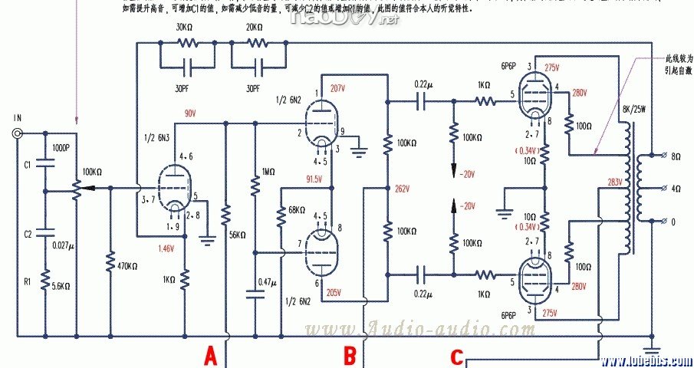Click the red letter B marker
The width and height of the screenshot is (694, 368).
[350, 355]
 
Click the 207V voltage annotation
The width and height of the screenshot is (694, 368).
[338, 88]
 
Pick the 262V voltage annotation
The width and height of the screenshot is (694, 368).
[403, 188]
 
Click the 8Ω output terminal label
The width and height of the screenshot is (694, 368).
[675, 156]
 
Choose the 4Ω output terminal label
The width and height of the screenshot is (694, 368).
[675, 189]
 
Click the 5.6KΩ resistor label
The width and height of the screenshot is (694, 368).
[62, 285]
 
